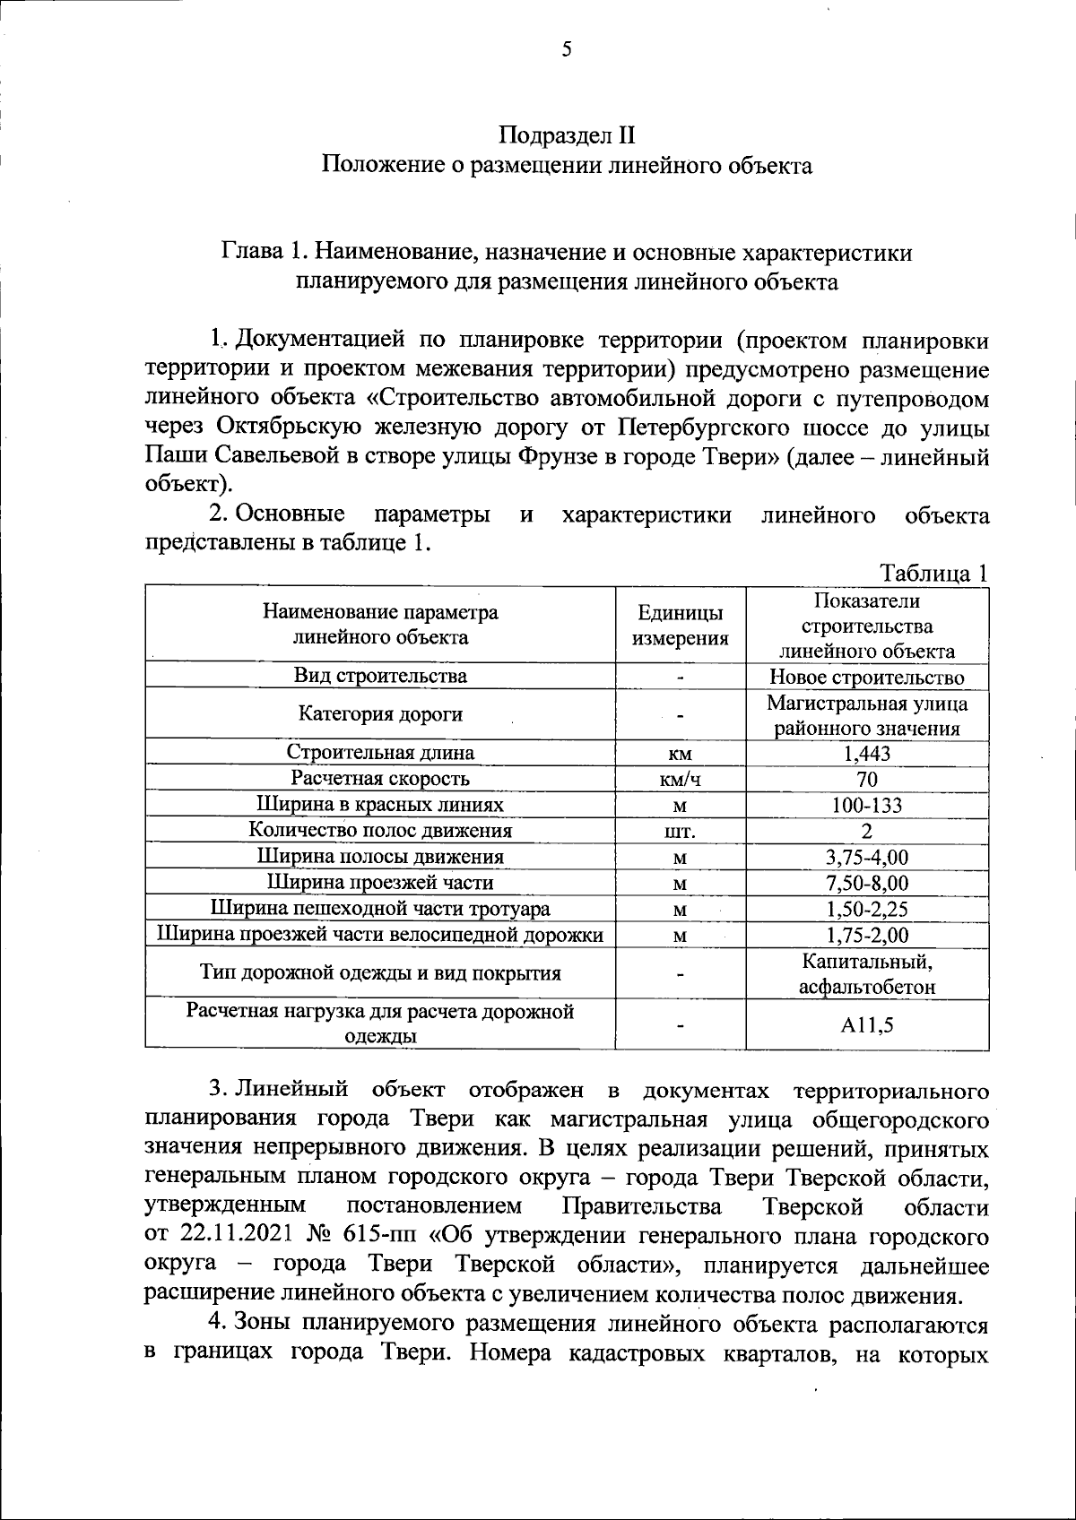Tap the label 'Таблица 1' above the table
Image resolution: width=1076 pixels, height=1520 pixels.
point(933,574)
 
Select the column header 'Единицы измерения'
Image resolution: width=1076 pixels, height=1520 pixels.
point(680,625)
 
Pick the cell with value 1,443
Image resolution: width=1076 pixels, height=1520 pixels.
point(866,753)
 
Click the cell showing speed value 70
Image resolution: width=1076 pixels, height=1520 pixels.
point(866,779)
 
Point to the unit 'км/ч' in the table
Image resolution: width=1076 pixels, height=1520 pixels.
point(680,779)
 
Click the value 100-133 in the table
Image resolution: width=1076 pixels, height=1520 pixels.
point(866,805)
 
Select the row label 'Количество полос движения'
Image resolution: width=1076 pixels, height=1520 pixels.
point(380,830)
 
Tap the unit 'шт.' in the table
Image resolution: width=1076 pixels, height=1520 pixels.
point(680,831)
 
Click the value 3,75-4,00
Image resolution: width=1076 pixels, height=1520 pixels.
point(866,857)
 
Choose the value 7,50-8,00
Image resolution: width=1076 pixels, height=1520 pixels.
point(866,883)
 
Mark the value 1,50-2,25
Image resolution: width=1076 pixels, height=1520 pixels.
point(866,909)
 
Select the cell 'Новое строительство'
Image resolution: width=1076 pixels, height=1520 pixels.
point(866,677)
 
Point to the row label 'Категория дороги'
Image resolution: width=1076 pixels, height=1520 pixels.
point(380,714)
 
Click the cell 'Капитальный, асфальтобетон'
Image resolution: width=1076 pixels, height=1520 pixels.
point(866,974)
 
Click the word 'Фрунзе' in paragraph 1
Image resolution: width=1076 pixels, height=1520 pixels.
point(562,457)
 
